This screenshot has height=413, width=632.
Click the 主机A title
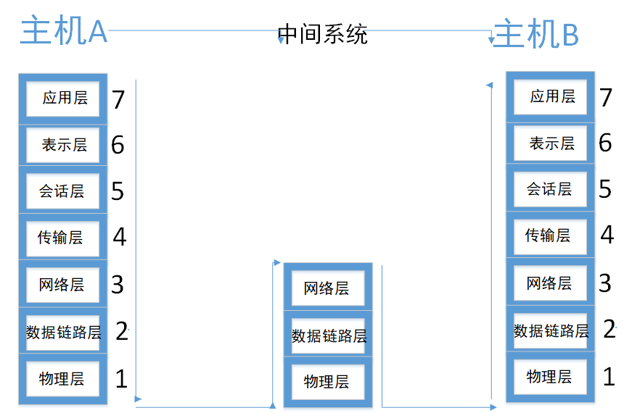pyautogui.click(x=64, y=31)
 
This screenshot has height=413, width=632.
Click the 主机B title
pyautogui.click(x=536, y=34)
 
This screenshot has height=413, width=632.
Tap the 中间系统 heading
pyautogui.click(x=323, y=34)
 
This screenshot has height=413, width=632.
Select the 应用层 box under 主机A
pyautogui.click(x=64, y=98)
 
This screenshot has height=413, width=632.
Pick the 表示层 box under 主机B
pyautogui.click(x=551, y=143)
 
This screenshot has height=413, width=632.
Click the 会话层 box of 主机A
pyautogui.click(x=62, y=191)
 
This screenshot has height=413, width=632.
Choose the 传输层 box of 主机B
pyautogui.click(x=549, y=235)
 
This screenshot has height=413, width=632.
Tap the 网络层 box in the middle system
pyautogui.click(x=327, y=288)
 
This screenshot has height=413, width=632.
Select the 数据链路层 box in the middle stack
pyautogui.click(x=328, y=336)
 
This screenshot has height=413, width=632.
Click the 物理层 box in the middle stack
pyautogui.click(x=327, y=381)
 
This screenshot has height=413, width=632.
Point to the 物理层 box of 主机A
pyautogui.click(x=62, y=378)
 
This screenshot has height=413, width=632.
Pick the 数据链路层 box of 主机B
pyautogui.click(x=550, y=331)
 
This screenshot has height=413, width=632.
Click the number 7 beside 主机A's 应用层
pyautogui.click(x=118, y=99)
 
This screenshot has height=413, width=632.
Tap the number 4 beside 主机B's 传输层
pyautogui.click(x=607, y=235)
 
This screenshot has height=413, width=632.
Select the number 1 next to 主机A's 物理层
pyautogui.click(x=121, y=377)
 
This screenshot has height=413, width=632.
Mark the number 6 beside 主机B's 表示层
pyautogui.click(x=605, y=143)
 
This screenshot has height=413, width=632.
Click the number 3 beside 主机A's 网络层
pyautogui.click(x=118, y=284)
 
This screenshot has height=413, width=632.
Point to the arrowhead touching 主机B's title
pyautogui.click(x=492, y=32)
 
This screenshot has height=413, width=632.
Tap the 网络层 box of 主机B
pyautogui.click(x=549, y=283)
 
